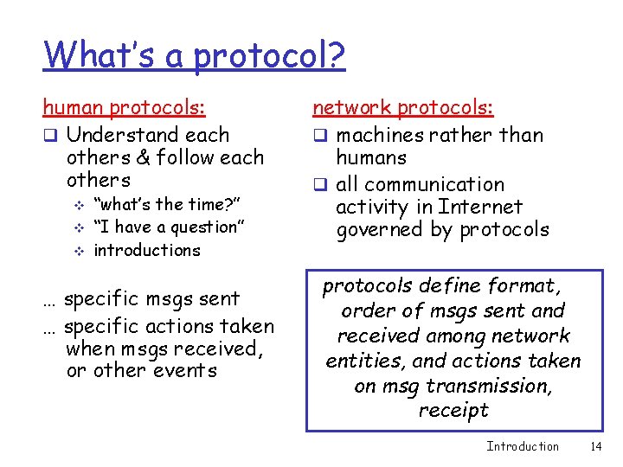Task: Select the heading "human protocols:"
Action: tap(125, 108)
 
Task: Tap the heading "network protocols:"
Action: tap(402, 108)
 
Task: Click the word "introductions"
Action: tap(146, 250)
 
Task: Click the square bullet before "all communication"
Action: tap(319, 185)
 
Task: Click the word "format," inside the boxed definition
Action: tap(524, 285)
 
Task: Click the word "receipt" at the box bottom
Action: tap(453, 410)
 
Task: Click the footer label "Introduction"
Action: tap(523, 446)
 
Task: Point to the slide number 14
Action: tap(594, 446)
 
